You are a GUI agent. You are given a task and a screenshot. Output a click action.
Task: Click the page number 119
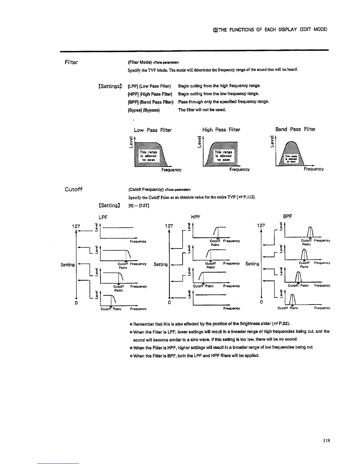click(326, 441)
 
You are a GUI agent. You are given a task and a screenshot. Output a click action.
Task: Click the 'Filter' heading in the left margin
click(71, 62)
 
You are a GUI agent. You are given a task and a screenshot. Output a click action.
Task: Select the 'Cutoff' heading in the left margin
click(73, 189)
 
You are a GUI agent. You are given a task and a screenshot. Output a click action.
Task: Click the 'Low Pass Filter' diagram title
click(153, 130)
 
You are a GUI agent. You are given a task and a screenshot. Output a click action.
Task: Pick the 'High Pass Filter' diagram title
click(221, 130)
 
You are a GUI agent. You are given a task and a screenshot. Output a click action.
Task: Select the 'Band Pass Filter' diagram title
click(295, 129)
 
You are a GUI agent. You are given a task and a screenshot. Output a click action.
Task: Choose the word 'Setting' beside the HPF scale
click(161, 264)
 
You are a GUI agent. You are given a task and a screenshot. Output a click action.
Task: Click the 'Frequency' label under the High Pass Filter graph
click(239, 169)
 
